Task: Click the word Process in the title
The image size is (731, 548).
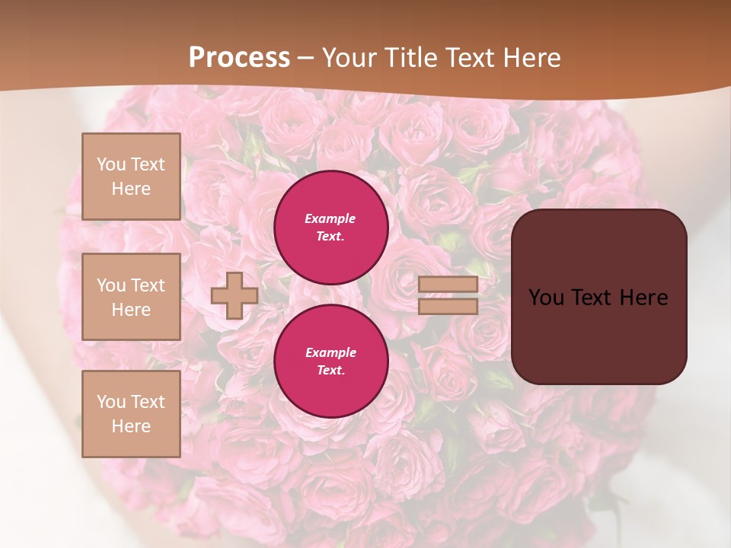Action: tap(239, 58)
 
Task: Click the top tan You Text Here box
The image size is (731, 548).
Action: tap(131, 177)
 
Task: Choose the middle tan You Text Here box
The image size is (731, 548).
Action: tap(131, 297)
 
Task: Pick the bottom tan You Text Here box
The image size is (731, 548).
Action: tap(131, 413)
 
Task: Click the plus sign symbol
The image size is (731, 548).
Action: tap(234, 295)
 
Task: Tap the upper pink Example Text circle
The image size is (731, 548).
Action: tap(330, 228)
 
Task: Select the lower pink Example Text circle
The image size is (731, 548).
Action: tap(330, 361)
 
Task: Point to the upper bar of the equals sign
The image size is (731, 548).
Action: tap(448, 285)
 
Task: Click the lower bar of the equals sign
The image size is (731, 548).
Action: tap(448, 306)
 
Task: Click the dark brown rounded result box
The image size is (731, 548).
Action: tap(599, 297)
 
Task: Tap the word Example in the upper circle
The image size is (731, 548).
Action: tap(330, 218)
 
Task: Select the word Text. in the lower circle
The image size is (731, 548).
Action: tap(330, 371)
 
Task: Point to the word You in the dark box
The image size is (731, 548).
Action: tap(547, 298)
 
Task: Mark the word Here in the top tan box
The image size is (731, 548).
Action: tap(131, 189)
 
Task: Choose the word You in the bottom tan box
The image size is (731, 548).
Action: tap(111, 401)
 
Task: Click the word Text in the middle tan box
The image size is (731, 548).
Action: tap(148, 285)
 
